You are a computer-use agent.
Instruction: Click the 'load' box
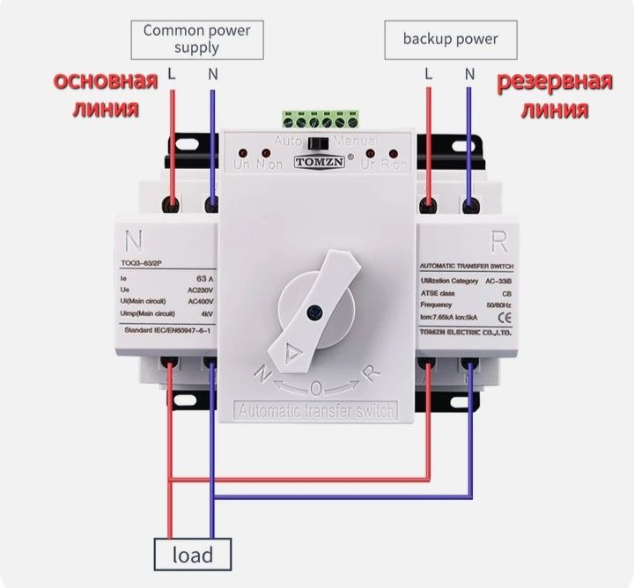click(193, 555)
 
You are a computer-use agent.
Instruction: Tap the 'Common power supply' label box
click(197, 39)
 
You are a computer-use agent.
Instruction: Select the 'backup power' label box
click(450, 39)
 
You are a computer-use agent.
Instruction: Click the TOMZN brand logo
click(320, 161)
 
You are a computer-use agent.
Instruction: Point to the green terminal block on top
click(321, 120)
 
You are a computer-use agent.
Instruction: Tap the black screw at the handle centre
click(313, 310)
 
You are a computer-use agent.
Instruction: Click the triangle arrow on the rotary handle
click(291, 354)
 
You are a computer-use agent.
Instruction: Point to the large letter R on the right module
click(498, 239)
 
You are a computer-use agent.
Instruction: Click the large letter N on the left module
click(134, 239)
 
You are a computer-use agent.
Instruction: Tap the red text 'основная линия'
click(105, 95)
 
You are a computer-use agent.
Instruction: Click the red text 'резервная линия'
click(554, 96)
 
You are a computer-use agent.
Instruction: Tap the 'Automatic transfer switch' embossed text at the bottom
click(318, 410)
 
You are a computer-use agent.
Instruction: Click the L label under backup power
click(429, 74)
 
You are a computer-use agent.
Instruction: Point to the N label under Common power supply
click(212, 74)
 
